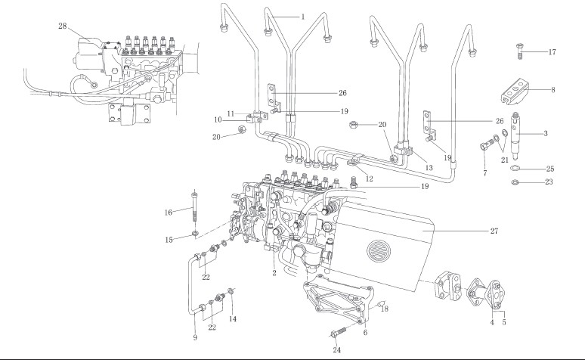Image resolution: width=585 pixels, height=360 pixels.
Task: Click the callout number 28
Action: [x=63, y=26]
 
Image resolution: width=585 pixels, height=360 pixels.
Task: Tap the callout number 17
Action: [x=552, y=52]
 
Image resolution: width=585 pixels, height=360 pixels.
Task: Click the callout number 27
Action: [x=494, y=230]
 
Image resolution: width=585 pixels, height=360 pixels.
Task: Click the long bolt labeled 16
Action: [x=196, y=207]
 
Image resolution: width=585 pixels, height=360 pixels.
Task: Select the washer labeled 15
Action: [x=195, y=232]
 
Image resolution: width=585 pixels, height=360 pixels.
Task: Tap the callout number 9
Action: [x=194, y=338]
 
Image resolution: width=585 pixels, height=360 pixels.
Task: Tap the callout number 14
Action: [x=233, y=320]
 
